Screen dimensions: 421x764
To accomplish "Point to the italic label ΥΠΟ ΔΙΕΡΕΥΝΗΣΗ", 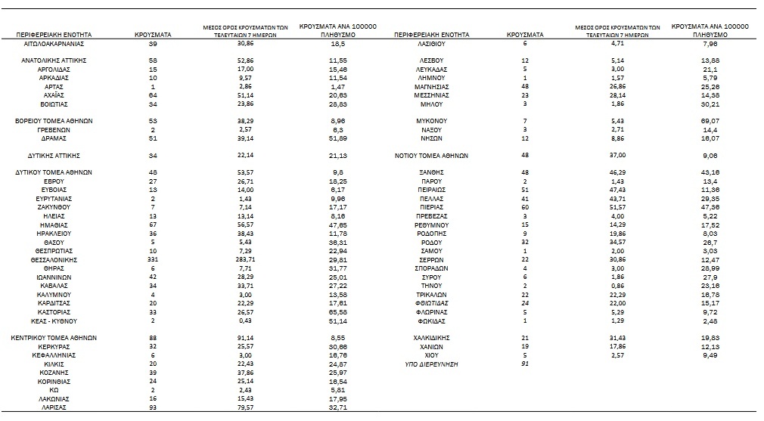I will [431, 364].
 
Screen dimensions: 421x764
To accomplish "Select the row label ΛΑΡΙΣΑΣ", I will [53, 407].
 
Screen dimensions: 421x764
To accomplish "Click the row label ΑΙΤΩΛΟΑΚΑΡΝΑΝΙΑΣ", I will [53, 45].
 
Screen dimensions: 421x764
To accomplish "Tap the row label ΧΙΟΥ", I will [431, 355].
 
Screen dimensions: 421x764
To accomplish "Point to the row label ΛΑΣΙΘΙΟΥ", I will [431, 45].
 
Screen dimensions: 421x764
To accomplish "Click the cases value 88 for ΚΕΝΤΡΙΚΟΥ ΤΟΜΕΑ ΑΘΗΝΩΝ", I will [154, 338].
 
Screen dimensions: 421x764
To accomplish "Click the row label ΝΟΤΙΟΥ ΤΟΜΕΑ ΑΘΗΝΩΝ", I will [431, 156].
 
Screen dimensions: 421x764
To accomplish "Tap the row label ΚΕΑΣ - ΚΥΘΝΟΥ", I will [53, 320].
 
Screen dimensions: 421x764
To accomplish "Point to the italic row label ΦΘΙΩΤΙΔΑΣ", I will [431, 303].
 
